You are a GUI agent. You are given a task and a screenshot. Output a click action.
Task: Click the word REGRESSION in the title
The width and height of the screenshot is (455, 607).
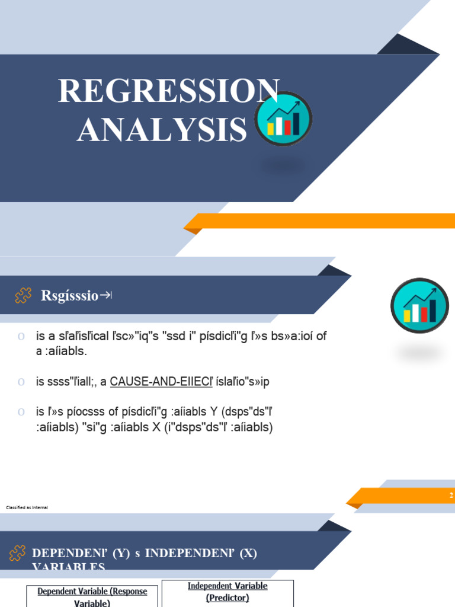(x=168, y=91)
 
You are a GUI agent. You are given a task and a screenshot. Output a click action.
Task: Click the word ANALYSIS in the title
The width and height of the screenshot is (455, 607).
(x=162, y=130)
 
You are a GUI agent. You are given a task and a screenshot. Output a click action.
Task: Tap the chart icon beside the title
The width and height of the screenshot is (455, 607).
(x=284, y=119)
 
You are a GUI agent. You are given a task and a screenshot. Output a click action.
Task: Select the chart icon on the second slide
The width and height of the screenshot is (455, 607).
(x=420, y=305)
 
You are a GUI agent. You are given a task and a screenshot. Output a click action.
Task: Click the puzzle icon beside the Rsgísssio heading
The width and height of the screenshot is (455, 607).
(x=23, y=295)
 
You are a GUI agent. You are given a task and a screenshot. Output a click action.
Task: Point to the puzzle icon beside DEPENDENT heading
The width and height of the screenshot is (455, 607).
(x=17, y=554)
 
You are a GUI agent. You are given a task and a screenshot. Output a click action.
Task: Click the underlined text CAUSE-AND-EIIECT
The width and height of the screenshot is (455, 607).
(x=161, y=382)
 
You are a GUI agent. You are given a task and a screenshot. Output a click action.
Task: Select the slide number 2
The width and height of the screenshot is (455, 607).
(x=451, y=496)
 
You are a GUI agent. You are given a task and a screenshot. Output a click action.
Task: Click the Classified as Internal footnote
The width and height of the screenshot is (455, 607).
(x=27, y=508)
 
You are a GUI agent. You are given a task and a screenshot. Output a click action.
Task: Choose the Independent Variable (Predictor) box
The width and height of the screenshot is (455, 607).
(x=227, y=592)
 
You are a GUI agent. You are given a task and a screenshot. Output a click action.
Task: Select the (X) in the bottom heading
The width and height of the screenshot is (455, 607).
(x=249, y=553)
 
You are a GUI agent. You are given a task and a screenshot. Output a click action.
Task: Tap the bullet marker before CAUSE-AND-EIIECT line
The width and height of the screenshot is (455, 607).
(x=21, y=382)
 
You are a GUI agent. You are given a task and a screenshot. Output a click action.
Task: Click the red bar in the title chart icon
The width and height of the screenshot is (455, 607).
(x=288, y=127)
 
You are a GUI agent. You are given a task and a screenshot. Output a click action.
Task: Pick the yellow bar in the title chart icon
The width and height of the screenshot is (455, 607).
(x=271, y=129)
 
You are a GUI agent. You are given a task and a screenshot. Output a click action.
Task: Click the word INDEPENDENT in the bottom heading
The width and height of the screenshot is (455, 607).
(x=190, y=553)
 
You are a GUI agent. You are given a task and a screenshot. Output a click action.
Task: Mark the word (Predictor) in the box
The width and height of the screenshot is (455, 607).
(x=227, y=598)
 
